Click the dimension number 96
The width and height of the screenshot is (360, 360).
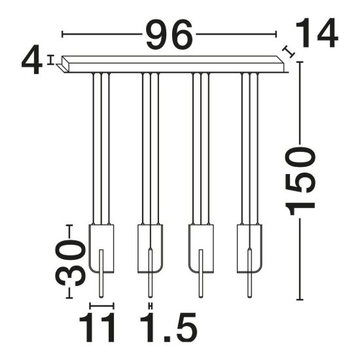[x=169, y=35]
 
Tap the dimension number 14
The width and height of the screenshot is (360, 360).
[x=317, y=33]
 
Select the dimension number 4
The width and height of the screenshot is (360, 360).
[x=32, y=60]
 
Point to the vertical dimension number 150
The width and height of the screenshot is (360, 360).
[x=300, y=181]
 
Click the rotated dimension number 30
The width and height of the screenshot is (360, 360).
[x=70, y=262]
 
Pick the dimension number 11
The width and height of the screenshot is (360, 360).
[x=97, y=328]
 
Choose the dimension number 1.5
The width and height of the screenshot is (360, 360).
[x=169, y=328]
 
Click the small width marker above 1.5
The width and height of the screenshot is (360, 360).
[x=151, y=306]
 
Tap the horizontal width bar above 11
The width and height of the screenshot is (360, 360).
[x=101, y=306]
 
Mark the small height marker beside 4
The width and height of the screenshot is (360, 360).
[x=50, y=60]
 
